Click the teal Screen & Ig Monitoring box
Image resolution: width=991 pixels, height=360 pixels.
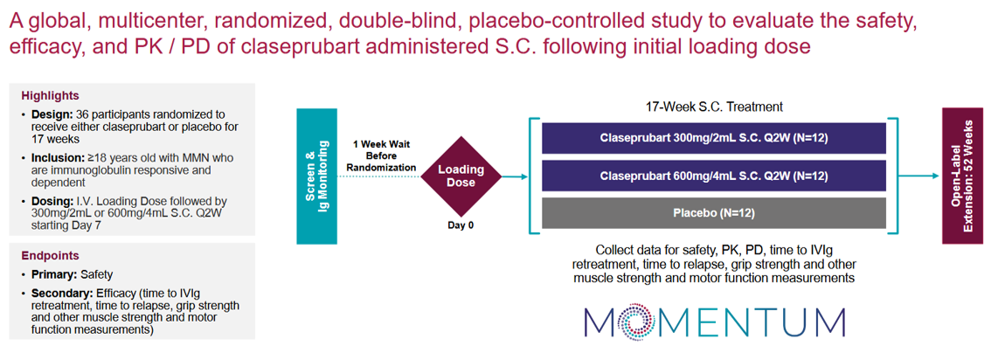pyautogui.click(x=317, y=177)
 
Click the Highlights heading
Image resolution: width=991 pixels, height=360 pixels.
pyautogui.click(x=50, y=95)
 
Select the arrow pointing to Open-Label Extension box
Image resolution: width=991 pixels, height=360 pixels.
pyautogui.click(x=921, y=177)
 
